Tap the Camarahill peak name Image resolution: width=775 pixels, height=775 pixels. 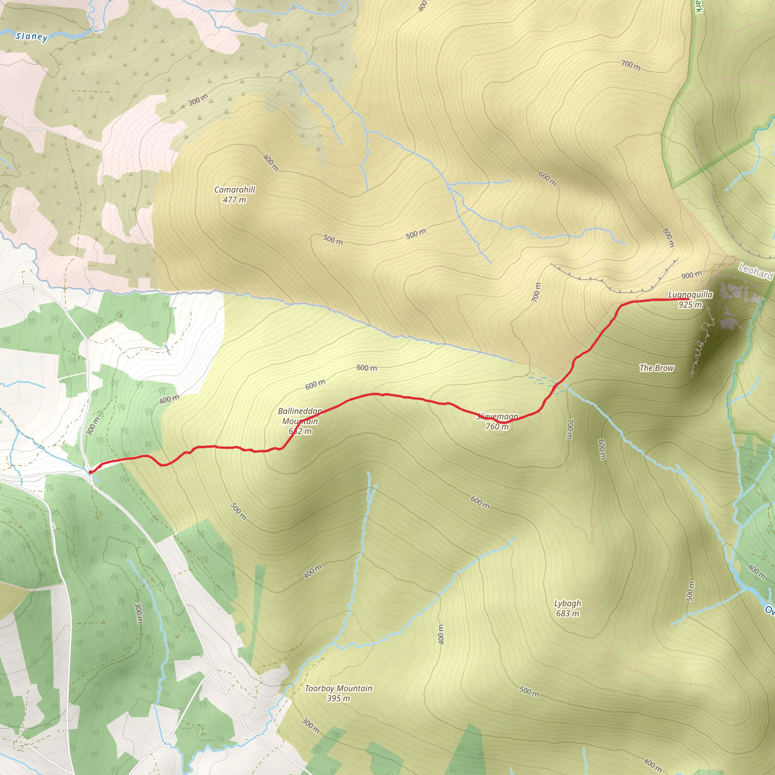click(x=234, y=189)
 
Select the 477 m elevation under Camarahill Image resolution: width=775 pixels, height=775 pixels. click(x=234, y=200)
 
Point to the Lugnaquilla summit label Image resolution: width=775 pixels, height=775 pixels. click(x=690, y=295)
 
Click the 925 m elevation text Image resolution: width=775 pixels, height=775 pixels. click(x=690, y=305)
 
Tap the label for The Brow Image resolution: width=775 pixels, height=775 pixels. click(x=657, y=368)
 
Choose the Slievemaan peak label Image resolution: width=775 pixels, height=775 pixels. click(x=497, y=416)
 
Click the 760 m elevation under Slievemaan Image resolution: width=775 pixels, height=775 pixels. click(x=497, y=427)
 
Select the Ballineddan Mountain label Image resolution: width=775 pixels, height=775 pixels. click(x=300, y=416)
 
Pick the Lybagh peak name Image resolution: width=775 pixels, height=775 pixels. click(x=568, y=603)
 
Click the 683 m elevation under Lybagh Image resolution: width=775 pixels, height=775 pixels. click(x=568, y=613)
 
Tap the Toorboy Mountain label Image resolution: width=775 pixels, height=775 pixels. click(x=339, y=688)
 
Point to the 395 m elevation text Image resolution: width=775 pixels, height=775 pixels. click(x=339, y=699)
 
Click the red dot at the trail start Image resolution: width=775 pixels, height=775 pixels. click(x=90, y=472)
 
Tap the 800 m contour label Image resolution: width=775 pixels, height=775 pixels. click(x=668, y=238)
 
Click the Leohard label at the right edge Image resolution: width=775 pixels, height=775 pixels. click(x=756, y=272)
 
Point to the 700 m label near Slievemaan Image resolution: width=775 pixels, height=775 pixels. click(x=570, y=429)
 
